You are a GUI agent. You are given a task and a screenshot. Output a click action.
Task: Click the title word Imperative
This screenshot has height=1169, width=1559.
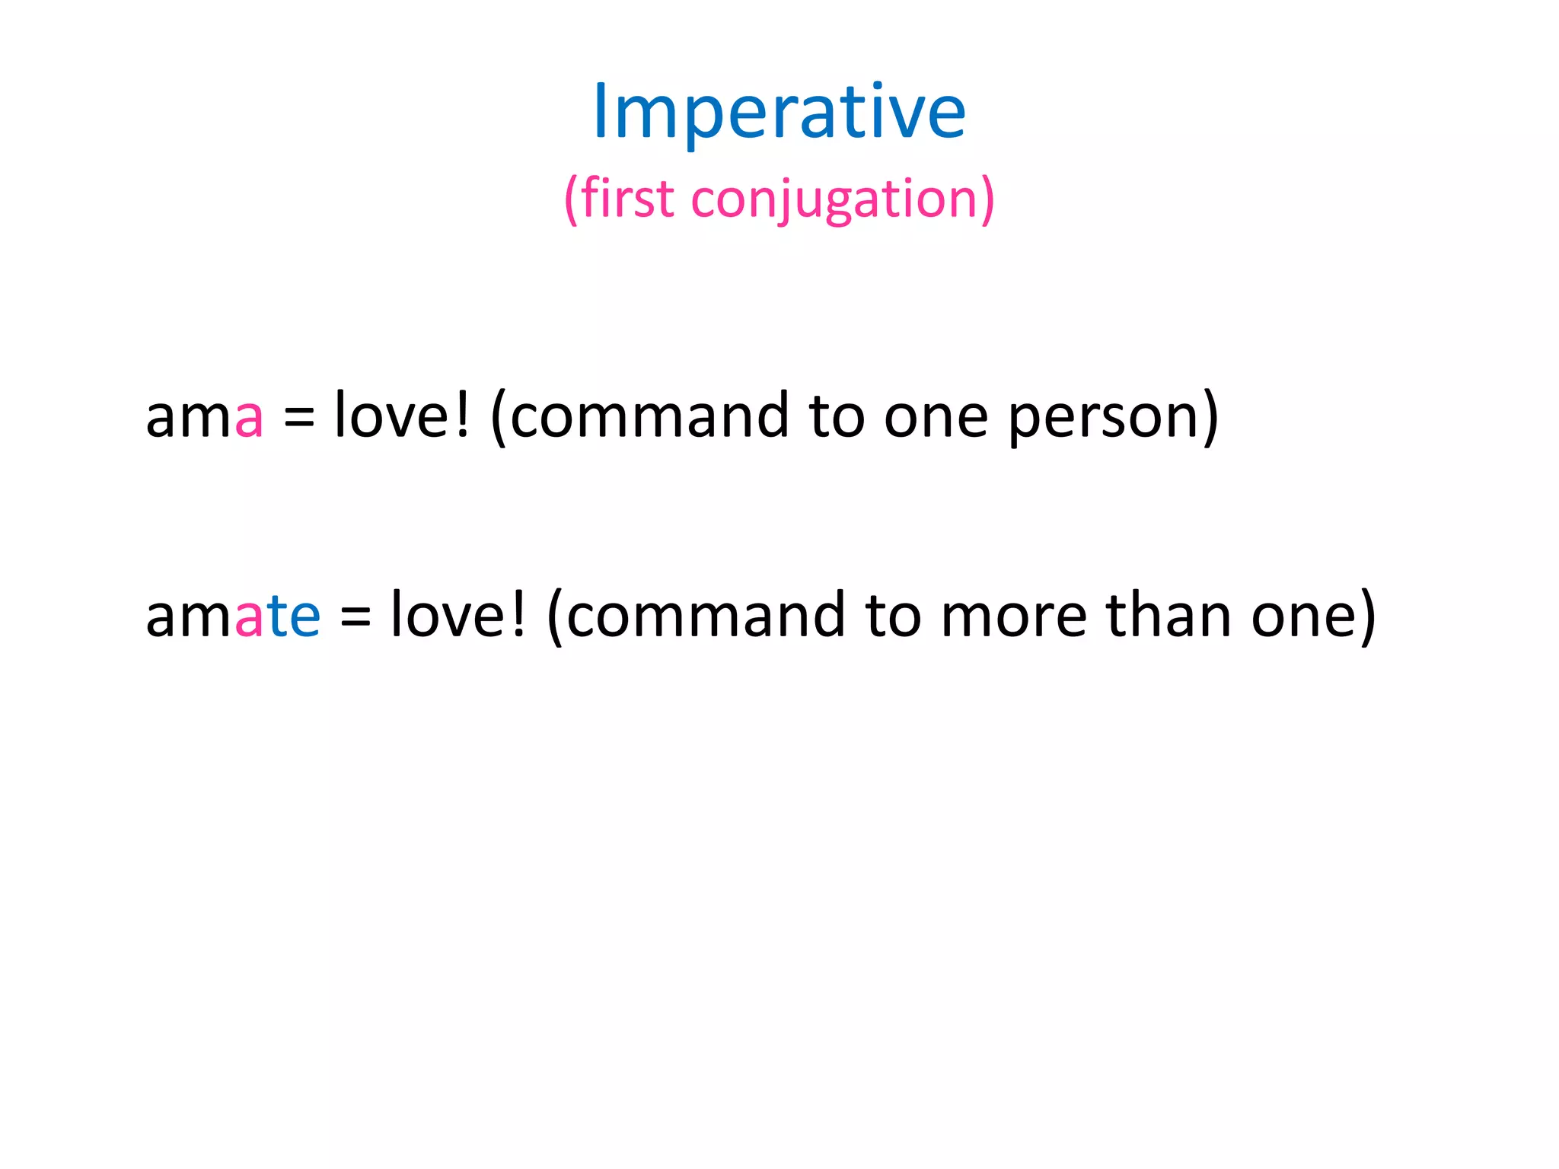tap(779, 113)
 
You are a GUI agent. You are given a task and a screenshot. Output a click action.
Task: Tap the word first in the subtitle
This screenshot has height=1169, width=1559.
tap(627, 199)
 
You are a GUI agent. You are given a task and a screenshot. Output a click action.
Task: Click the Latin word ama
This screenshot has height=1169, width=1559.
tap(204, 417)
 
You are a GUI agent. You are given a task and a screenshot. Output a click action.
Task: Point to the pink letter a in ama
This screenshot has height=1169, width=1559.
tap(249, 418)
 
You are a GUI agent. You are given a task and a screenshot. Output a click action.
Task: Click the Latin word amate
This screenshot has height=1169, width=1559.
tap(232, 616)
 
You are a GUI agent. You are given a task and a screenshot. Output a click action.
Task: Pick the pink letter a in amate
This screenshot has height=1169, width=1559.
tap(249, 617)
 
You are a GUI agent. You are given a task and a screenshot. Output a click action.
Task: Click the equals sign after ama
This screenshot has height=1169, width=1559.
tap(298, 419)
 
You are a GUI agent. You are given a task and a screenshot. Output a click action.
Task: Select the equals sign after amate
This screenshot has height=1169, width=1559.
tap(355, 617)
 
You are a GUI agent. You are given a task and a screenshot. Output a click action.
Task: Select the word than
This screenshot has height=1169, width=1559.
tap(1168, 615)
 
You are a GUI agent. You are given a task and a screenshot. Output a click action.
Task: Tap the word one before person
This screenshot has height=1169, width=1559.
tap(936, 418)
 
